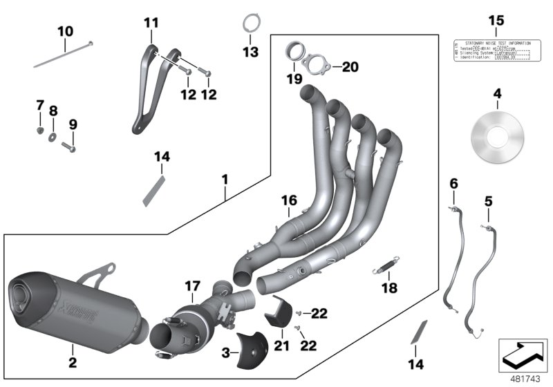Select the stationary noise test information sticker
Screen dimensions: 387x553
point(492,49)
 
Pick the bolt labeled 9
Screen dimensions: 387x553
point(70,146)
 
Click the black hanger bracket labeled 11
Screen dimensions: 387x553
point(147,90)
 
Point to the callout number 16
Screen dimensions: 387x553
point(289,200)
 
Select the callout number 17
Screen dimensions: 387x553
point(192,285)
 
